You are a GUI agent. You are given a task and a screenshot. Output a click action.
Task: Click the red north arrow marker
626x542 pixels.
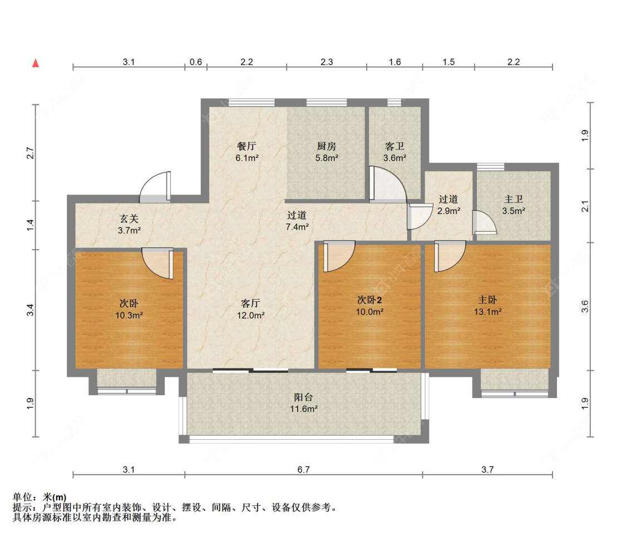[x=36, y=63]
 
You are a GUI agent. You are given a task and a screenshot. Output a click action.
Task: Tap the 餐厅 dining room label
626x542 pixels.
[x=247, y=146]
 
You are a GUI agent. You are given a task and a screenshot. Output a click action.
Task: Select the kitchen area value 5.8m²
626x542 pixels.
[x=327, y=158]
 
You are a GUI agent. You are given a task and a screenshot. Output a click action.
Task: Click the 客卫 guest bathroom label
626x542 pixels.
[x=395, y=146]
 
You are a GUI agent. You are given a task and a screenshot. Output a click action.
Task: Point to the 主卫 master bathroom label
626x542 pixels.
[x=514, y=199]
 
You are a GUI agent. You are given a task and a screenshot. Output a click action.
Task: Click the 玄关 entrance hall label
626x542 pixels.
[x=129, y=218]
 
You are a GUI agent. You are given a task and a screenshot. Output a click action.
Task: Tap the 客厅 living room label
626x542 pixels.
[x=251, y=304]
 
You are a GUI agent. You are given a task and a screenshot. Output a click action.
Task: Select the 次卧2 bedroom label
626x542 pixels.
[x=369, y=300]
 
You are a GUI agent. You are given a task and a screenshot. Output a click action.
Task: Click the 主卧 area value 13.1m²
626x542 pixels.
[x=488, y=312]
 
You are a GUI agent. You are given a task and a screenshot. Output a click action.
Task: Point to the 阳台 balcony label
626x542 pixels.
[x=303, y=397]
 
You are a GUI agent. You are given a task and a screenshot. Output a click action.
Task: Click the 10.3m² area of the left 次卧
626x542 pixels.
[x=129, y=315]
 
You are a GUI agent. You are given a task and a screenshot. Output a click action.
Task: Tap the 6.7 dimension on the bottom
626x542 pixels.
[x=303, y=469]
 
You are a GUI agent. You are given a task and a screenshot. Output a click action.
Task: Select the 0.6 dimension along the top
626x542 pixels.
[x=196, y=62]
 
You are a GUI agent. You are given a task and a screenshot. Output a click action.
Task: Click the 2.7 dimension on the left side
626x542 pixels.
[x=31, y=153]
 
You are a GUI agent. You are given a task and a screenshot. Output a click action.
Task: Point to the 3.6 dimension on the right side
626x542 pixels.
[x=585, y=306]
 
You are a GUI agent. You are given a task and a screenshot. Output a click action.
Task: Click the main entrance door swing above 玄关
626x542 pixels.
[x=155, y=187]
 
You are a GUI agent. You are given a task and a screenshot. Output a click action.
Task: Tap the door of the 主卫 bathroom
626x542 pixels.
[x=485, y=222]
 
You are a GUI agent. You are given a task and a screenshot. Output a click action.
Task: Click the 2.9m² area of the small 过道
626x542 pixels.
[x=448, y=211]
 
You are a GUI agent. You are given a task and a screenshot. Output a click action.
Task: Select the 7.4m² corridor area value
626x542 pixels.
[x=298, y=227]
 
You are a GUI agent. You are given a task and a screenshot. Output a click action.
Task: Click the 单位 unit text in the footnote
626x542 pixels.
[x=22, y=497]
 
